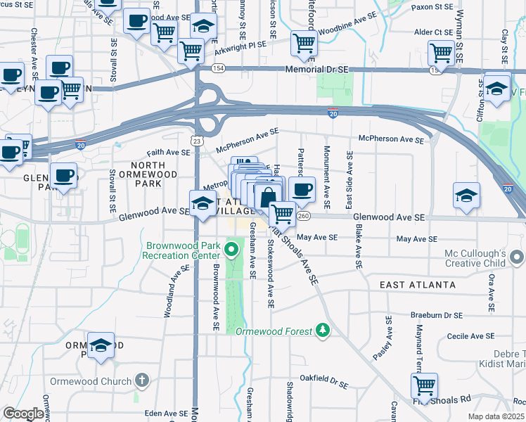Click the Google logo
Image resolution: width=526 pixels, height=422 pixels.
tap(23, 414)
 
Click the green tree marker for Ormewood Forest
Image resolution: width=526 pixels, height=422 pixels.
tap(322, 329)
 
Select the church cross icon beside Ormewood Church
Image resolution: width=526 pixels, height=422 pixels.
tap(142, 381)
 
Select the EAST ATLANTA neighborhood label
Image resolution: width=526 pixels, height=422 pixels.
tap(418, 285)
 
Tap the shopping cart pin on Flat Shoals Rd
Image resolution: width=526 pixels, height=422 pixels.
tap(425, 385)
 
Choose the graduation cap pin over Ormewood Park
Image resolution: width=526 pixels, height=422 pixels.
tap(101, 345)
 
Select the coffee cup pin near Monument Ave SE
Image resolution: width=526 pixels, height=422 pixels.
tap(302, 188)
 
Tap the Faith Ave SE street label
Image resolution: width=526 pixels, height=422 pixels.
tap(169, 152)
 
